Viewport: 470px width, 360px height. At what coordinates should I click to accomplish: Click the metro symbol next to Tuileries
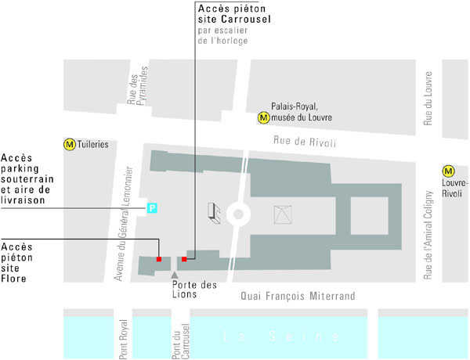(70, 144)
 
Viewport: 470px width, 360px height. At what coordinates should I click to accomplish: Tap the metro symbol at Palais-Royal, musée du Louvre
(264, 117)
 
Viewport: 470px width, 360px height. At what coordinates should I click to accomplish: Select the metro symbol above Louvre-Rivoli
(449, 171)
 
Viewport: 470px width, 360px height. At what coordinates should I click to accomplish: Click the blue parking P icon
(153, 207)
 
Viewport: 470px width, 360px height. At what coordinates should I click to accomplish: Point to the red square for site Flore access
(159, 258)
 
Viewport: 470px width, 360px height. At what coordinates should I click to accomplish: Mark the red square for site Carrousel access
(184, 258)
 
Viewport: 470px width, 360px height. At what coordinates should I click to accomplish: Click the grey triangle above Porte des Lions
(174, 274)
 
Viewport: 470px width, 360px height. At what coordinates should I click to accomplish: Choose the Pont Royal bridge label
(124, 337)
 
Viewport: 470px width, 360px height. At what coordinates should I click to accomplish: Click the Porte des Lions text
(194, 290)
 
